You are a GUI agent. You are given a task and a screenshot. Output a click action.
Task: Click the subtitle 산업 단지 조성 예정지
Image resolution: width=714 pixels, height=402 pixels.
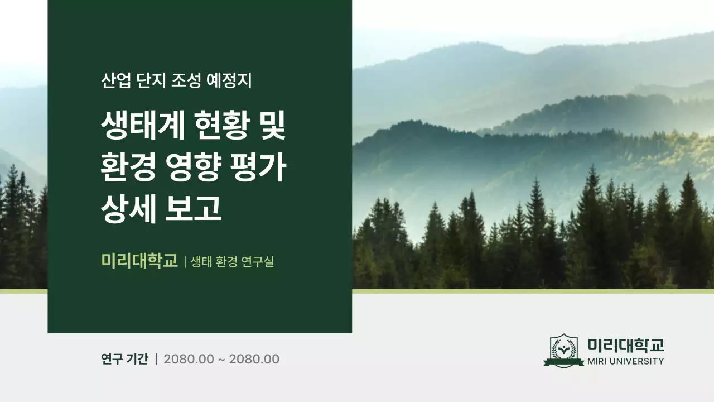176,80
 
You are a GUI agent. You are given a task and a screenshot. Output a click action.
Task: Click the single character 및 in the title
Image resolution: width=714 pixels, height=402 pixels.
271,127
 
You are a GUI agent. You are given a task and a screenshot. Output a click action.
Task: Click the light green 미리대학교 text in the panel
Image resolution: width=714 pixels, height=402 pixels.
139,261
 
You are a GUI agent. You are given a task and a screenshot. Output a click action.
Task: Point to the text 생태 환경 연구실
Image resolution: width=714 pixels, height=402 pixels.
233,261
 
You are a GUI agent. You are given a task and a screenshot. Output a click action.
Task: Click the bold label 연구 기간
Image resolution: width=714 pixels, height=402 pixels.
124,359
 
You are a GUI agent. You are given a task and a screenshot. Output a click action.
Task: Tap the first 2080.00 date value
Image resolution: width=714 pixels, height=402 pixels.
189,359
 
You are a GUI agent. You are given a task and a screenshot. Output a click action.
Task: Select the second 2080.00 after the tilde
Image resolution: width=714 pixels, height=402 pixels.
254,359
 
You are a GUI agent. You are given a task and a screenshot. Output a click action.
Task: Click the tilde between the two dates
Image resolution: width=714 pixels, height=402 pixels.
221,360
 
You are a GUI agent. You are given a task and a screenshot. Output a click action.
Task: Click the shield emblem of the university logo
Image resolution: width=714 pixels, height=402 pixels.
564,351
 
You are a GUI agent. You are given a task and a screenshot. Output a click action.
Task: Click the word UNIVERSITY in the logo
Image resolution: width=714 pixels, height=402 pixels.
639,361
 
